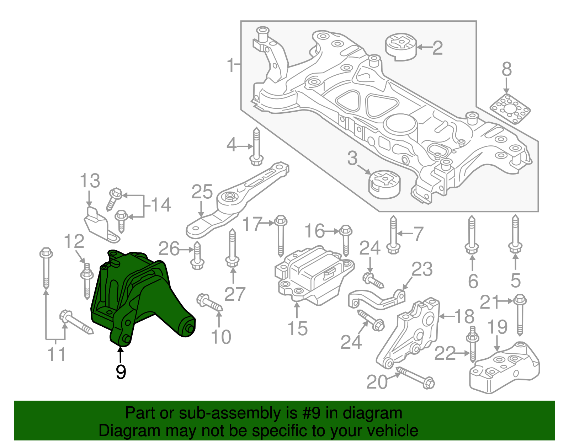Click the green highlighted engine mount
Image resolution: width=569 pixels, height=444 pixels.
click(142, 299)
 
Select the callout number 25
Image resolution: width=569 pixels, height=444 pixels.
click(202, 192)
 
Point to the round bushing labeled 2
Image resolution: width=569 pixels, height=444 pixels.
click(401, 47)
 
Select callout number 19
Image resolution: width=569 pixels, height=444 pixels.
click(497, 327)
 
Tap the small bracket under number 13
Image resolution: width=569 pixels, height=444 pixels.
click(98, 224)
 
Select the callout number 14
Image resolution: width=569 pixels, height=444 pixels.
click(161, 205)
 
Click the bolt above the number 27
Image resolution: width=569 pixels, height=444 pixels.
click(232, 249)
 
